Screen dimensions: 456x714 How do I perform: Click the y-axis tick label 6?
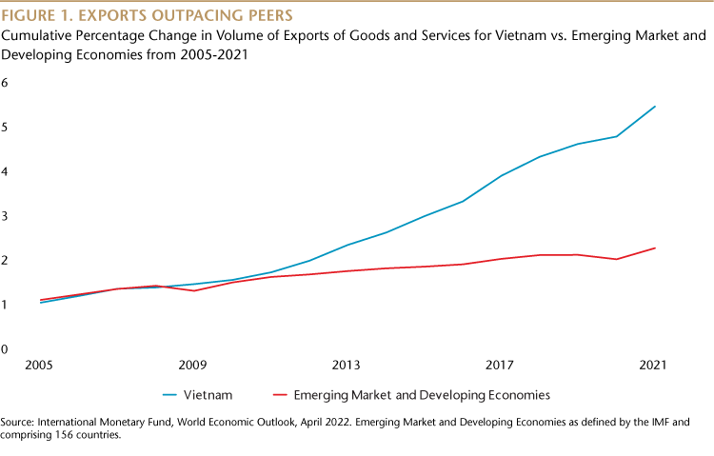tap(5, 83)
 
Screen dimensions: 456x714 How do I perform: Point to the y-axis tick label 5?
tap(5, 128)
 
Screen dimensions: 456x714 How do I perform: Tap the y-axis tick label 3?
tap(5, 216)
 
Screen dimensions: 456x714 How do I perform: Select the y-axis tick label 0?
tap(5, 349)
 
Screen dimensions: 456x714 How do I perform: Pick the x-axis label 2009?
tap(193, 365)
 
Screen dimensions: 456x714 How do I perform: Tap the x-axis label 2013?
tap(347, 365)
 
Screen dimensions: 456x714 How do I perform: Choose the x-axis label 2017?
tap(500, 365)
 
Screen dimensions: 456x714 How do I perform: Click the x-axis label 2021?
tap(653, 365)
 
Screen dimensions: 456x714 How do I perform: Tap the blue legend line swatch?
tap(172, 393)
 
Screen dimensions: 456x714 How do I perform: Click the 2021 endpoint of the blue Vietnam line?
tap(655, 106)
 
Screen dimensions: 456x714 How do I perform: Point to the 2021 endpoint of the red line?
tap(655, 248)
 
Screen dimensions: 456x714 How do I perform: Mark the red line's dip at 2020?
tap(617, 259)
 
